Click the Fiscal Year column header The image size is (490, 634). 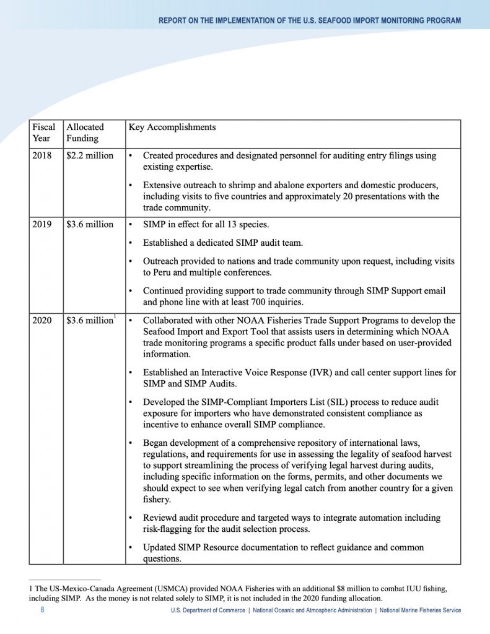(x=43, y=132)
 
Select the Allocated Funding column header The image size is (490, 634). (x=85, y=132)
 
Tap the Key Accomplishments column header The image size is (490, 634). (x=172, y=127)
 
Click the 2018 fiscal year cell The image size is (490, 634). (x=42, y=155)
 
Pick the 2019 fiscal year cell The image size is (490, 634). (x=42, y=224)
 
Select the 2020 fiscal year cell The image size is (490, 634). (x=42, y=320)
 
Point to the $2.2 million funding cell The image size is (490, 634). (x=90, y=155)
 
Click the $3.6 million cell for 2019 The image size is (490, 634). (x=90, y=224)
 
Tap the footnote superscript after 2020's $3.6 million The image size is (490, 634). (x=115, y=318)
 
